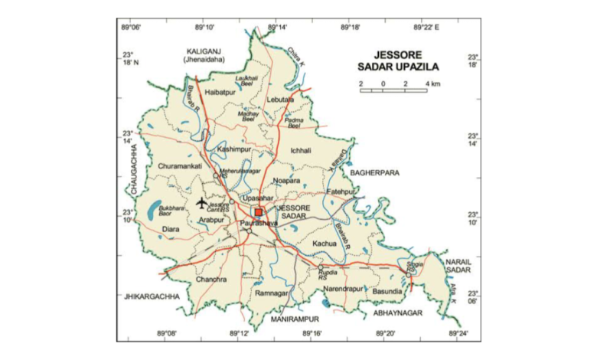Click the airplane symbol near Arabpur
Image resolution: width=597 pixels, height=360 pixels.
pos(201,203)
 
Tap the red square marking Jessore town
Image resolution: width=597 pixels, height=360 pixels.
pos(259,212)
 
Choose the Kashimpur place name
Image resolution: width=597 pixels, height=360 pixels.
pos(233,149)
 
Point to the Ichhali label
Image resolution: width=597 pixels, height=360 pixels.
pos(301,151)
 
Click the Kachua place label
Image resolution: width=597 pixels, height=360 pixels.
pos(325,243)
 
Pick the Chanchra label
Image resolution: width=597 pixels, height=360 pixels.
pos(212,280)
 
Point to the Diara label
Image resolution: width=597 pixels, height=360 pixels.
pos(171,227)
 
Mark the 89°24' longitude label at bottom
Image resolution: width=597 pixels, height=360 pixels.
pos(457,333)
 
